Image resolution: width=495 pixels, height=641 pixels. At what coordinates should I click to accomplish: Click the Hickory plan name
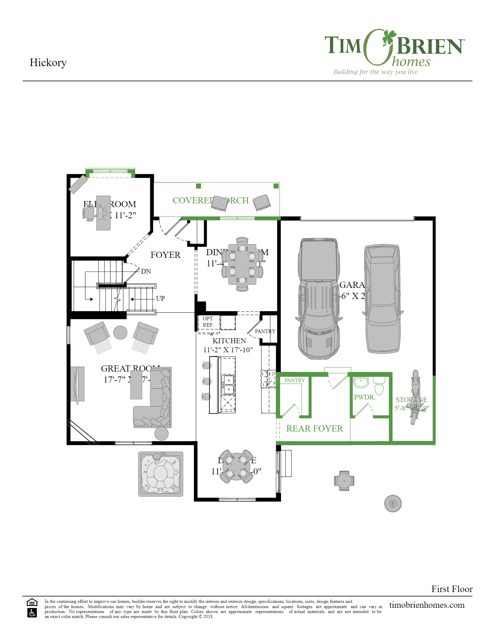tap(48, 63)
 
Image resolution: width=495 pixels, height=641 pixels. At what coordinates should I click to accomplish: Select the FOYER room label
tap(165, 255)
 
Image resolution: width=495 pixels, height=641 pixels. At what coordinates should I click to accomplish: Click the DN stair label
tap(146, 271)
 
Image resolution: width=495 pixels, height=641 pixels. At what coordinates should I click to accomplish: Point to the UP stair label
tap(160, 298)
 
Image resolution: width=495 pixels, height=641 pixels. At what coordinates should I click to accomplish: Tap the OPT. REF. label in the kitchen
tap(208, 322)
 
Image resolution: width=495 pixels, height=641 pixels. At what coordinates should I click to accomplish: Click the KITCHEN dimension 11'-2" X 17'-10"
tap(228, 350)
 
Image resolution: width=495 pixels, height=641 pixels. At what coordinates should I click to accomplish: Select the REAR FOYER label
tap(314, 429)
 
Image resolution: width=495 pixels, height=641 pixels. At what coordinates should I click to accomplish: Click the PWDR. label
tap(364, 397)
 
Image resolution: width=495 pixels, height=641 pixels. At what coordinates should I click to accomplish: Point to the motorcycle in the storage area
tap(415, 397)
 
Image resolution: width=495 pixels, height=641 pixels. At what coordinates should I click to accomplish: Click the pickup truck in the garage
tap(319, 298)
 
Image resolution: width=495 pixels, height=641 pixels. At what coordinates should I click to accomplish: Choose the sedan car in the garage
tap(382, 298)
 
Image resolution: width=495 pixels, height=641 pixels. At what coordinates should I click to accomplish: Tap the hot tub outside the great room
tap(161, 474)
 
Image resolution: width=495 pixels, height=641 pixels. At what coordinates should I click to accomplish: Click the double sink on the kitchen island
tap(228, 385)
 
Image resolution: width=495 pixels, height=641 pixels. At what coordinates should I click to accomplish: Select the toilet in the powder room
tap(379, 386)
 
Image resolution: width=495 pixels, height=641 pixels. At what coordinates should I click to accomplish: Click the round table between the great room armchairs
tap(120, 332)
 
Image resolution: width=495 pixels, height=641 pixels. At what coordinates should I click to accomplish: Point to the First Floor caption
tap(452, 589)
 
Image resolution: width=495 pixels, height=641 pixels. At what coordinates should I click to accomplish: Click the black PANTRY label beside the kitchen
tap(265, 331)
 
